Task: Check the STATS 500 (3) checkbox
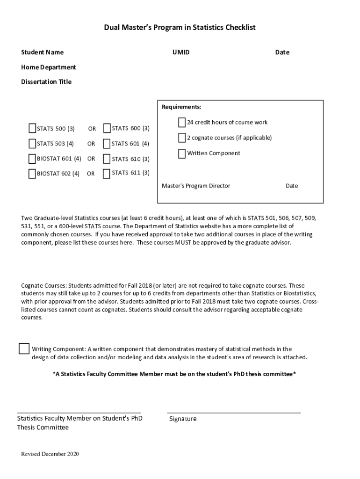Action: tap(32, 129)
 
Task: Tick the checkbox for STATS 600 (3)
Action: tap(107, 128)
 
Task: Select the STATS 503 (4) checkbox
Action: tap(32, 144)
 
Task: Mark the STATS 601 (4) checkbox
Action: tap(107, 144)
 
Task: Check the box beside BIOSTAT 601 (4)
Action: tap(32, 159)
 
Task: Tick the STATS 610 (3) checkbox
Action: tap(107, 159)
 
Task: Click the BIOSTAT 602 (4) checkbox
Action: tap(32, 174)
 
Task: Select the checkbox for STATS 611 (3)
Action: tap(107, 173)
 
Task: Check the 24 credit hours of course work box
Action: tap(182, 123)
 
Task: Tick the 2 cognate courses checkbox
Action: tap(182, 138)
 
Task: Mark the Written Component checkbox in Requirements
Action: tap(182, 153)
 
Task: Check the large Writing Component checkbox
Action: tap(24, 348)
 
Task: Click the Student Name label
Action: tap(42, 52)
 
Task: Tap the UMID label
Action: tap(181, 52)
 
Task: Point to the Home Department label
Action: tap(48, 67)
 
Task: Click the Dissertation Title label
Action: tap(46, 82)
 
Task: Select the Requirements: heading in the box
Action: tap(181, 107)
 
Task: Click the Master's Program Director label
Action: tap(196, 186)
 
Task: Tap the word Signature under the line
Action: tap(183, 419)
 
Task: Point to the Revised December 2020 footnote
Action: tap(50, 454)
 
